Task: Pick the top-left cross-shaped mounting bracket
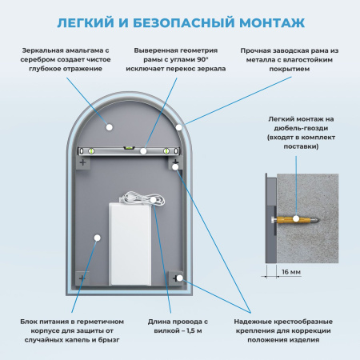(83, 162)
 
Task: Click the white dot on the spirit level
(143, 150)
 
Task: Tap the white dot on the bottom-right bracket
(179, 278)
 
